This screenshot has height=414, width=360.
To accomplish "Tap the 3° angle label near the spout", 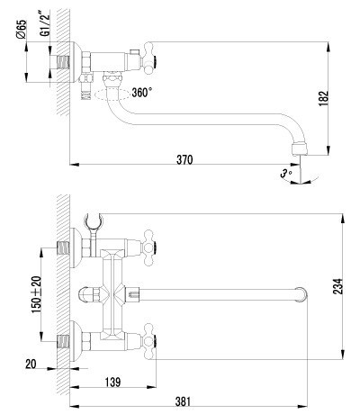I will click(285, 172).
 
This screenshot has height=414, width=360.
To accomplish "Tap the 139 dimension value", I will click(112, 382).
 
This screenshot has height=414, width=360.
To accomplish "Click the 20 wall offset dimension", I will click(32, 364).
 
